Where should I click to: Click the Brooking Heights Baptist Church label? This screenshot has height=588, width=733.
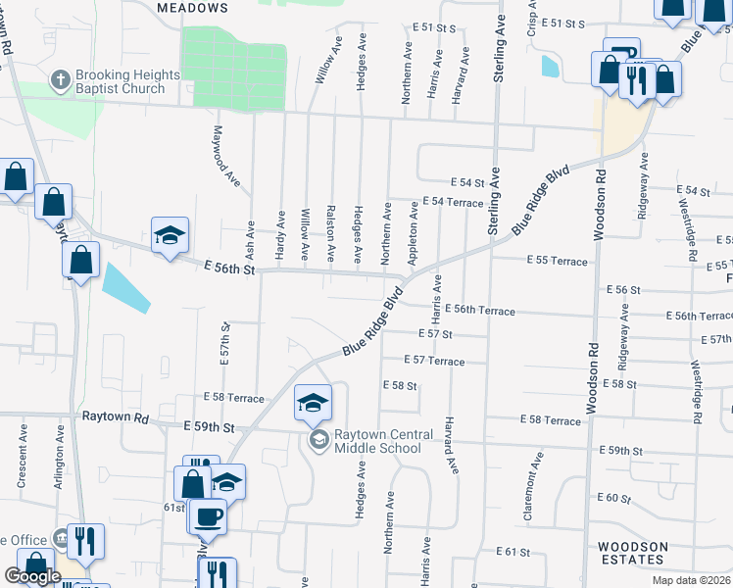(x=129, y=82)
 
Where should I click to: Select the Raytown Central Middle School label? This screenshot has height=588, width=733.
(x=378, y=442)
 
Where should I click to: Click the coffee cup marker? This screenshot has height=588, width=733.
(x=210, y=515)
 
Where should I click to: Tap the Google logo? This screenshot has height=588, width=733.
(x=32, y=576)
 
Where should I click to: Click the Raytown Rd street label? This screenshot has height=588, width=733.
(x=115, y=417)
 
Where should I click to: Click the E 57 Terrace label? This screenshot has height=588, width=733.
(x=432, y=362)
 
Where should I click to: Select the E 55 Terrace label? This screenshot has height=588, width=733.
(x=557, y=262)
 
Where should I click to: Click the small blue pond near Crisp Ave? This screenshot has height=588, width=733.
(x=550, y=67)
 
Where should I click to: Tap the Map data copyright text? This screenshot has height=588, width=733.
(x=691, y=580)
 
